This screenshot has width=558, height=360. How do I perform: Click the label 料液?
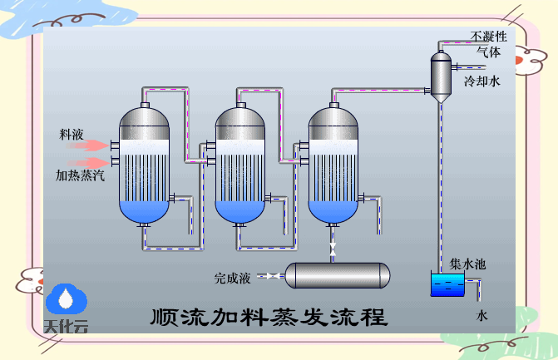click(x=72, y=135)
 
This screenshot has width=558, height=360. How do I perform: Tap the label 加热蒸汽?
click(x=80, y=175)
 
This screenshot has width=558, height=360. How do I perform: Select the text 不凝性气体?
click(x=488, y=43)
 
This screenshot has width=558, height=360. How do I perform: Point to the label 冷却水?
click(x=482, y=81)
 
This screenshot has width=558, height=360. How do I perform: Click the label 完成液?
click(x=232, y=276)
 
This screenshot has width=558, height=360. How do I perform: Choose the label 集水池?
click(x=467, y=264)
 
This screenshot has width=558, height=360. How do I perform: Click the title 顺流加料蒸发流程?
click(x=269, y=318)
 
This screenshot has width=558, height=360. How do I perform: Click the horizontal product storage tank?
click(x=338, y=275)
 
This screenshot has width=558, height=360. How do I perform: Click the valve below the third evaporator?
click(x=333, y=249)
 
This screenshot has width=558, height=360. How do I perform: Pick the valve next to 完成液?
click(x=270, y=275)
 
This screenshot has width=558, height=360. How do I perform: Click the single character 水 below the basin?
click(x=481, y=316)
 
